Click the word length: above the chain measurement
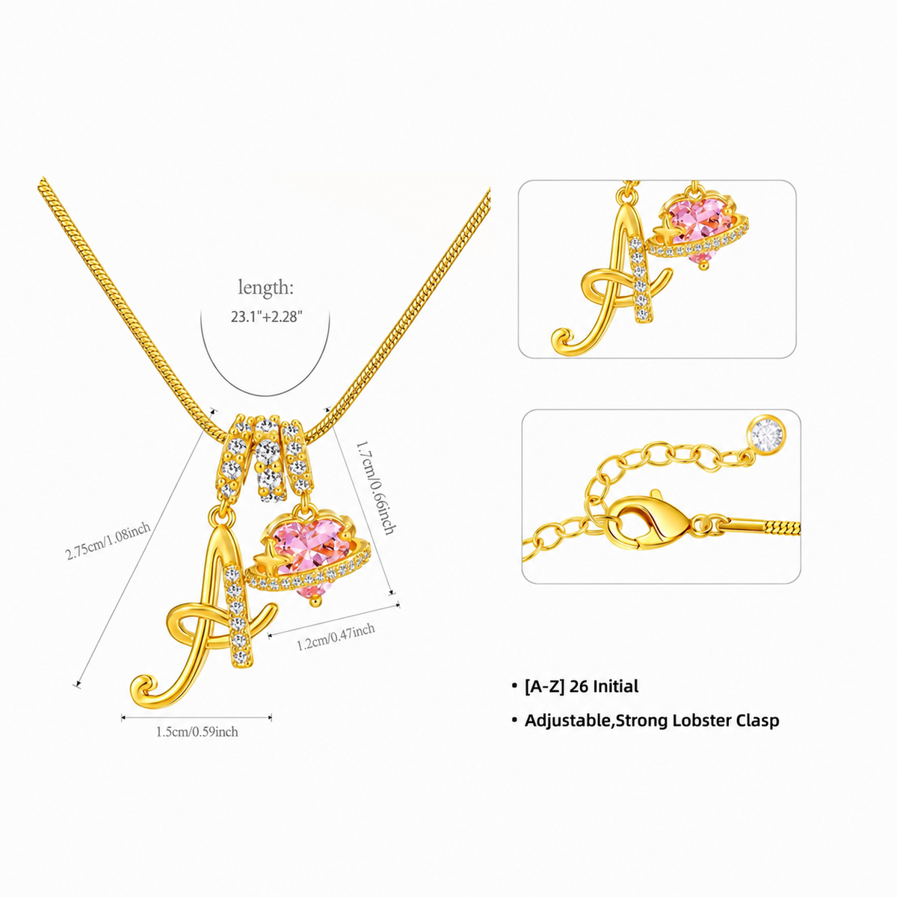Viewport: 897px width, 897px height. (266, 288)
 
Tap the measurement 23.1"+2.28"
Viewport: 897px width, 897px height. (267, 317)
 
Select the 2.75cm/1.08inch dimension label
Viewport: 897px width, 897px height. (108, 541)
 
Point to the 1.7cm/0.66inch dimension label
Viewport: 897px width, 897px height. (376, 487)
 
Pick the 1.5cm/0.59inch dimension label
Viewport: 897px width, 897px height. (197, 732)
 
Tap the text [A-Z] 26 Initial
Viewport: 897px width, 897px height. (582, 686)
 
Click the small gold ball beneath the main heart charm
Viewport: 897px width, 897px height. (316, 602)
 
